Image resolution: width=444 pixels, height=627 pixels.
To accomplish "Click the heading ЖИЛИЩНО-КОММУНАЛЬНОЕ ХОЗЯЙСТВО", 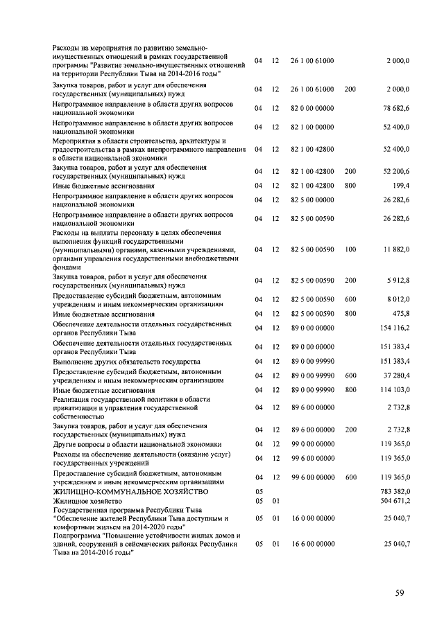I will point(130,491).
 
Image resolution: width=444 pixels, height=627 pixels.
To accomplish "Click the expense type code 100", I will point(350,249).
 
